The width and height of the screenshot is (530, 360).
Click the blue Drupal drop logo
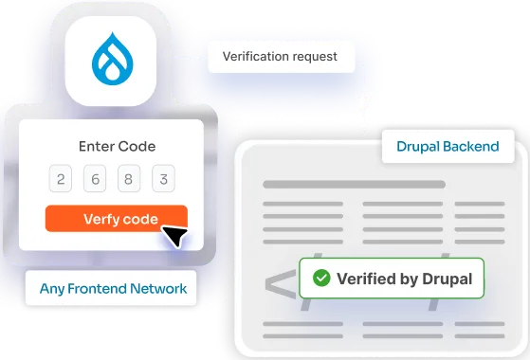112,58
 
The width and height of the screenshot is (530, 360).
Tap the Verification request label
280,56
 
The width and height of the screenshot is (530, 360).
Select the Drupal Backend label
448,148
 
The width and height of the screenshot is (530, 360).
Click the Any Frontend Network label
112,287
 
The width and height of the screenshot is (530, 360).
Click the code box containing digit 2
62,180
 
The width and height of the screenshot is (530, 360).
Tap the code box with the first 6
95,180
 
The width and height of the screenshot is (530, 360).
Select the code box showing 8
129,180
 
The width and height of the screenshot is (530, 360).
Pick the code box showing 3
163,180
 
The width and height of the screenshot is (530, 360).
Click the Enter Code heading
117,147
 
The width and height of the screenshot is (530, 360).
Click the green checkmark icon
321,279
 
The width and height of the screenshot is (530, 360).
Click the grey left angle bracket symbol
279,285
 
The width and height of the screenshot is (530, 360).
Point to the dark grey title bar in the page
354,184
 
